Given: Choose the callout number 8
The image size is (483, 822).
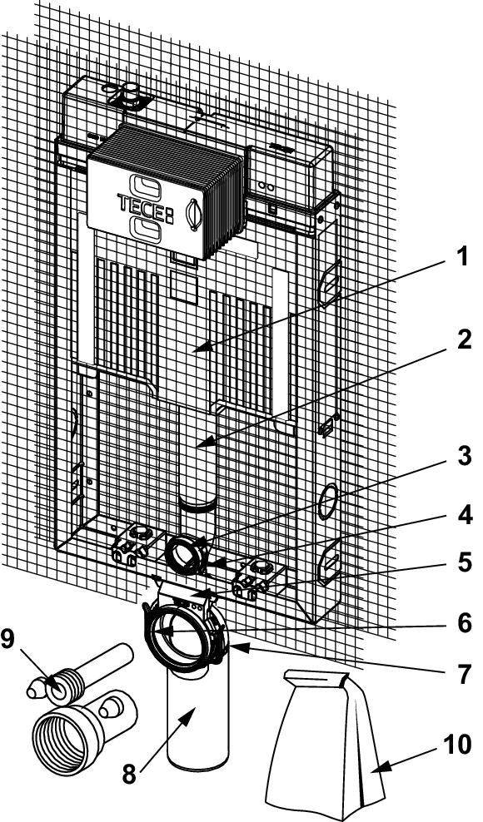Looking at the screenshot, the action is [130, 775].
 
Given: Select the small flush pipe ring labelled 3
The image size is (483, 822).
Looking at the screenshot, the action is [184, 553].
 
